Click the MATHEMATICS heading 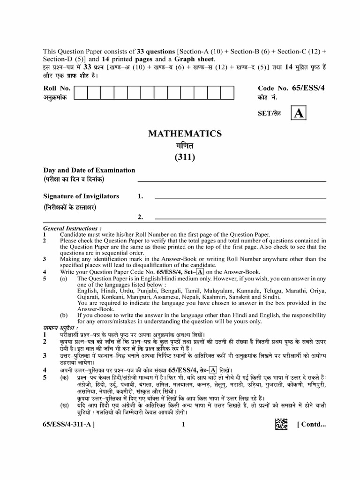click(185, 134)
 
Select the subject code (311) click(185, 157)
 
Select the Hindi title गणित click(185, 145)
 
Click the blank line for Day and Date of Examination click(232, 180)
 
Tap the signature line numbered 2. click(240, 218)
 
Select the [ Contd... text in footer click(311, 425)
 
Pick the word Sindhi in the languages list click(270, 297)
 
